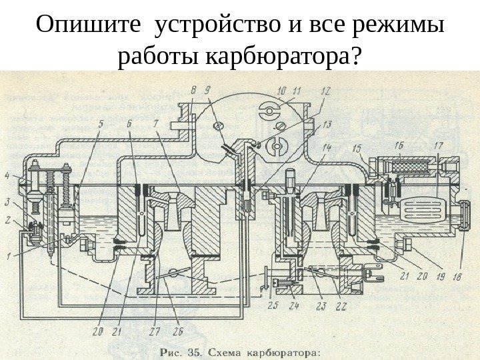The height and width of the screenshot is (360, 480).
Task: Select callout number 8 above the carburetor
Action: [x=193, y=89]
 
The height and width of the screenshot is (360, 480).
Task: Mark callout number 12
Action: [x=325, y=89]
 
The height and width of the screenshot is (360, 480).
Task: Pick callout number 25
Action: [x=272, y=305]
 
